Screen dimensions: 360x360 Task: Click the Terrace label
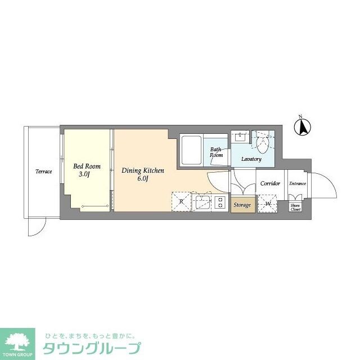pyautogui.click(x=44, y=171)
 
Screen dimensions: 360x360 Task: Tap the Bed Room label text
pyautogui.click(x=87, y=166)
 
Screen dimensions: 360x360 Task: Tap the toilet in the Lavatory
pyautogui.click(x=263, y=144)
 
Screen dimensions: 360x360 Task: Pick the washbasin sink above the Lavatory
pyautogui.click(x=241, y=137)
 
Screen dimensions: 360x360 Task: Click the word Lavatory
pyautogui.click(x=251, y=159)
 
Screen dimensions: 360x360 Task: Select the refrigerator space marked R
pyautogui.click(x=181, y=201)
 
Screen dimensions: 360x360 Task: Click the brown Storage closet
pyautogui.click(x=242, y=205)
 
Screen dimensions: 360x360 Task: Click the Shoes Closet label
pyautogui.click(x=295, y=207)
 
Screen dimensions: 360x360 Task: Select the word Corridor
pyautogui.click(x=270, y=183)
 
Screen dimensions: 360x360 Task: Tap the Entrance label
pyautogui.click(x=298, y=183)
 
